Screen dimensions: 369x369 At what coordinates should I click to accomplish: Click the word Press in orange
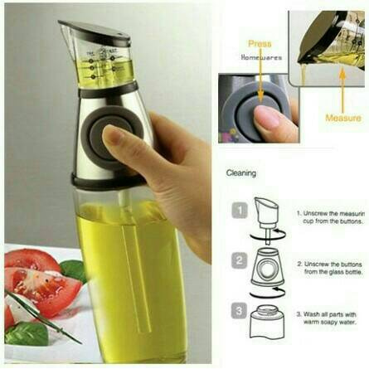click(x=260, y=43)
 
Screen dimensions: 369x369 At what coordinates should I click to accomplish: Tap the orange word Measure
click(x=342, y=118)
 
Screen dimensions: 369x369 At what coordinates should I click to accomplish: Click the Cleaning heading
click(x=241, y=173)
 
